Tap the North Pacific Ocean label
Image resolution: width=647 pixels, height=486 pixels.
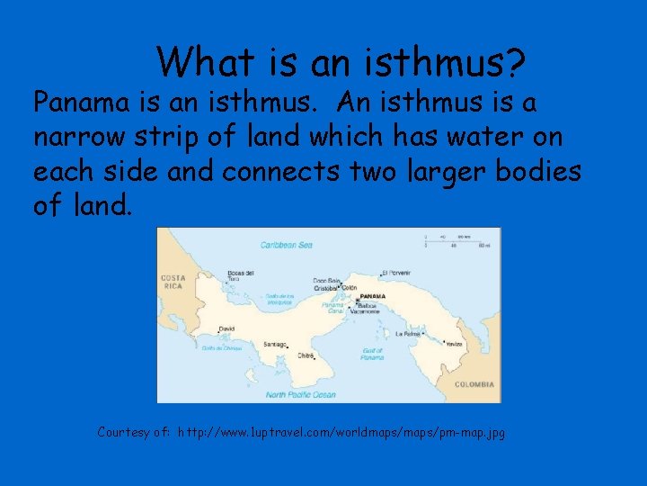[x=300, y=394]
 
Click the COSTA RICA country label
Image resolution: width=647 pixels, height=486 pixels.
[x=173, y=282]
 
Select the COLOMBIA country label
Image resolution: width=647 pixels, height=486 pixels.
[x=474, y=384]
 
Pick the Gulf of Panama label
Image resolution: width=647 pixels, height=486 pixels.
[x=372, y=354]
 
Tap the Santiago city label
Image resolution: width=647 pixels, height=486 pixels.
[x=276, y=344]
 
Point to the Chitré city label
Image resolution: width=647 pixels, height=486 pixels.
[x=306, y=355]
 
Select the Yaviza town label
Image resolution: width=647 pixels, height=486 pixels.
[x=455, y=344]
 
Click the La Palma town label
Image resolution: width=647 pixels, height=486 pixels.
[x=411, y=333]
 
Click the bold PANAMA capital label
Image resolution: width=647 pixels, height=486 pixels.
[x=372, y=296]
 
